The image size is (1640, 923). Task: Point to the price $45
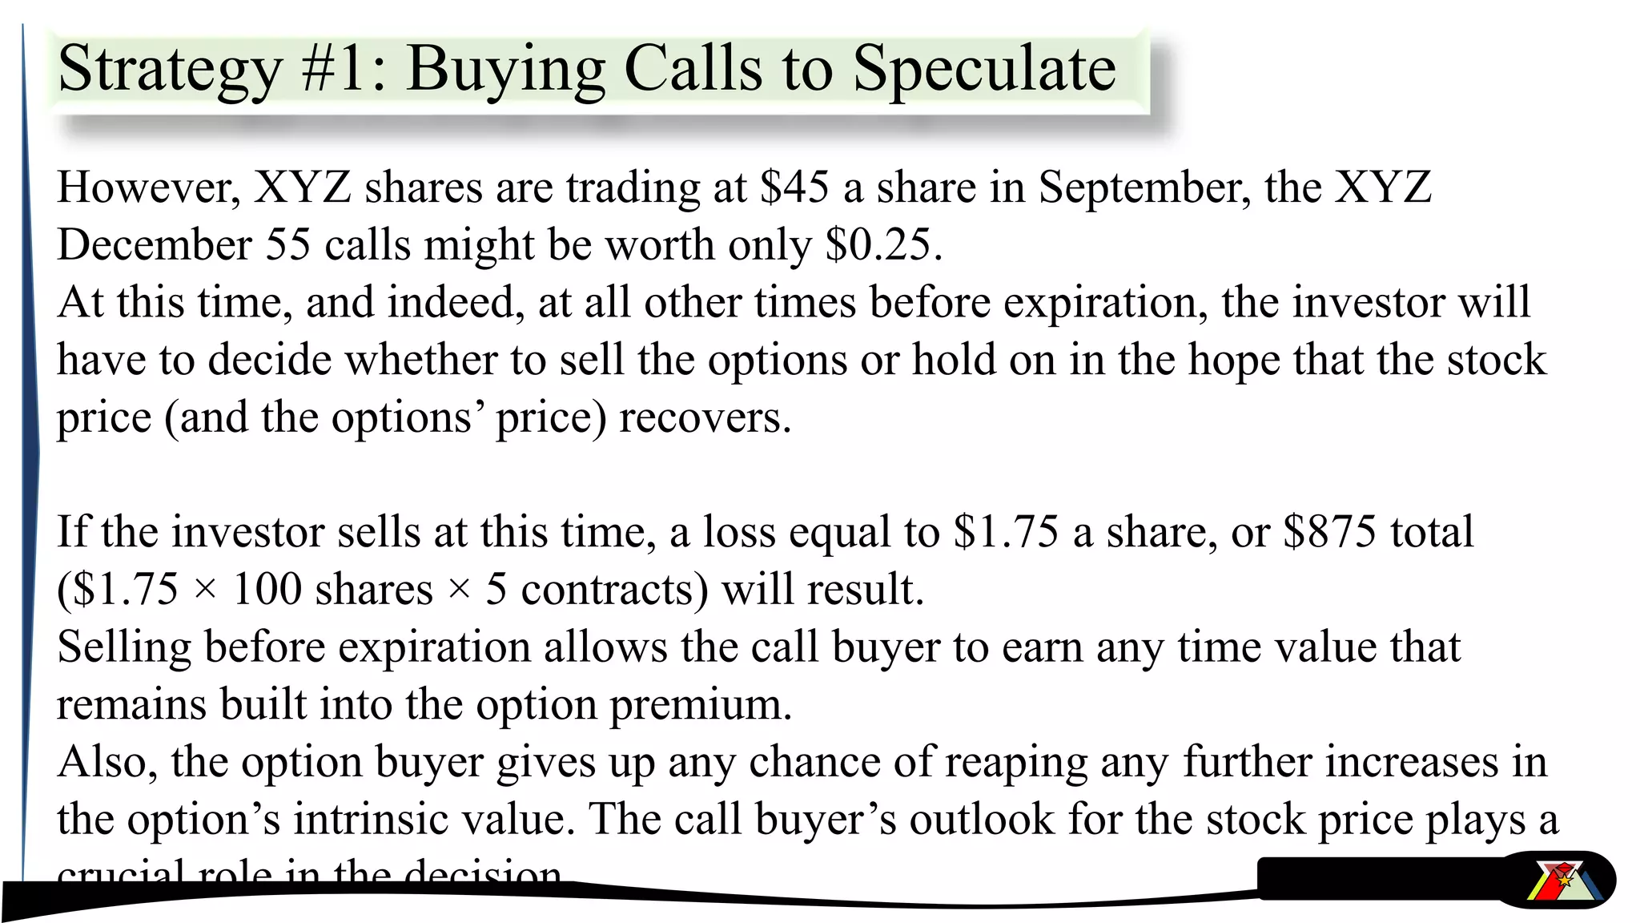point(794,187)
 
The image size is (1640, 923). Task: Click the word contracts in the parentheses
point(614,590)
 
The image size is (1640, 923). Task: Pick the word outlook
point(982,820)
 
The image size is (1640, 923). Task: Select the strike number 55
point(287,244)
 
